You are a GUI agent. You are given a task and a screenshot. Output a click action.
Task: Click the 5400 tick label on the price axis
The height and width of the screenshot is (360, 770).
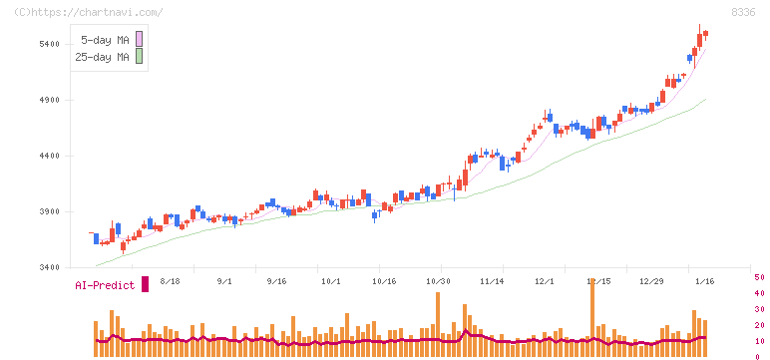tap(51, 44)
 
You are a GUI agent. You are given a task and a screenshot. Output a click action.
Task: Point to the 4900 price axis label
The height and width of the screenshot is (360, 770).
tap(51, 100)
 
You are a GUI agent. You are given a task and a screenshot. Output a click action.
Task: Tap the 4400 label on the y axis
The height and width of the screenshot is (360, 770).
tap(51, 156)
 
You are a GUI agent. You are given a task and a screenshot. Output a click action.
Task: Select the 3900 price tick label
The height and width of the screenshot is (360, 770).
tap(51, 211)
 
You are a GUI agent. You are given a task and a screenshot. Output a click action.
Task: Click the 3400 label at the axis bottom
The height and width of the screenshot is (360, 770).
tap(51, 267)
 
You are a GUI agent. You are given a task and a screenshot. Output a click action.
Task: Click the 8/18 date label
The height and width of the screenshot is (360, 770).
tap(168, 282)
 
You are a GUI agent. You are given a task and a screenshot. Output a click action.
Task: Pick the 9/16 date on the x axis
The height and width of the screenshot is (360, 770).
tap(276, 282)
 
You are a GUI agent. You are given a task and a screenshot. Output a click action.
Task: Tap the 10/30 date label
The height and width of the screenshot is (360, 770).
tap(439, 282)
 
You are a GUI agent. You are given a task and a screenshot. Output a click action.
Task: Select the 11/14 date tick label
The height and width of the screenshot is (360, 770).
tap(492, 282)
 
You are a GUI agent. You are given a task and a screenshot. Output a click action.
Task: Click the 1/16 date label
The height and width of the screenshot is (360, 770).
tap(704, 282)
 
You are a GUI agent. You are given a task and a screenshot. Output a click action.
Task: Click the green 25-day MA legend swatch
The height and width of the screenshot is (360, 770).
tap(140, 57)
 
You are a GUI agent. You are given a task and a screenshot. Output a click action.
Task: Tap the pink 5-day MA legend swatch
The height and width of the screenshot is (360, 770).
tap(140, 39)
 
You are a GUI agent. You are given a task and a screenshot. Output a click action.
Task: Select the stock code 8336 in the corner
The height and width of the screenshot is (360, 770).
tap(742, 12)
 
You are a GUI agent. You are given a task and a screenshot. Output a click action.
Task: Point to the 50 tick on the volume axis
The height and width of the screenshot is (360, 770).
tap(759, 277)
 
